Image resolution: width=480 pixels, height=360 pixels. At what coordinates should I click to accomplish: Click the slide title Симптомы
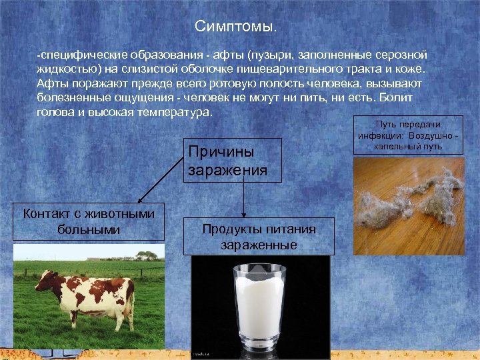[x=235, y=27]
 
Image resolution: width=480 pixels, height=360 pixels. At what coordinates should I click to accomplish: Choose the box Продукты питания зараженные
[x=259, y=236]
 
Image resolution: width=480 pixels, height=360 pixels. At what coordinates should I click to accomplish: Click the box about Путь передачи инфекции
[x=408, y=136]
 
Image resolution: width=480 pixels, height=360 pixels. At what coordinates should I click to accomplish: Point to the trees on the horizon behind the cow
[x=146, y=255]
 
